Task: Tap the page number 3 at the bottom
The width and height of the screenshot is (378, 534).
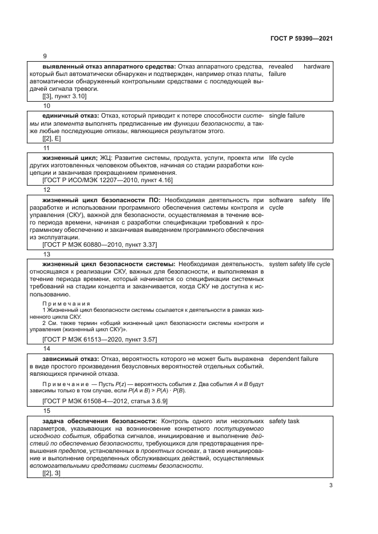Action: click(x=331, y=485)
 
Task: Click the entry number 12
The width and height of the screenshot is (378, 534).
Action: click(x=46, y=190)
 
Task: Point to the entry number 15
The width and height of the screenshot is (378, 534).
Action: click(x=46, y=411)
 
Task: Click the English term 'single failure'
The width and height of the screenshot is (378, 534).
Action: click(x=287, y=115)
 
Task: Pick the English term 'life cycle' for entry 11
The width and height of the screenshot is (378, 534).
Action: click(x=281, y=158)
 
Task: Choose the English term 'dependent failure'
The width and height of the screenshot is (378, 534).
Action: click(x=293, y=359)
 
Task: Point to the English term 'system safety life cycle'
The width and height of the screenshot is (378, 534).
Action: click(x=299, y=264)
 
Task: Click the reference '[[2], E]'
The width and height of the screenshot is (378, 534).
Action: click(x=51, y=138)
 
